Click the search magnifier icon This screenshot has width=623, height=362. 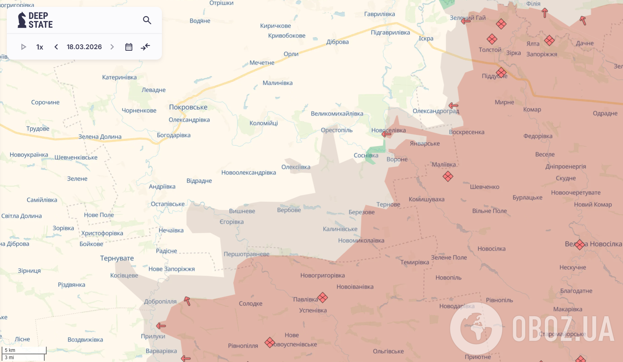click(x=147, y=20)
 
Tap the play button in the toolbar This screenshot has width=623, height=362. click(x=23, y=47)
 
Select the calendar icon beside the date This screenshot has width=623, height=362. click(x=129, y=47)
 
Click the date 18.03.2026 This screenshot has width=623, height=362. click(x=84, y=47)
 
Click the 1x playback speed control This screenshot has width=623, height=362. click(x=39, y=47)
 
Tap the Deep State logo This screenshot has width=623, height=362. click(x=35, y=20)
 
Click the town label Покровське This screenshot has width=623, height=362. click(x=188, y=107)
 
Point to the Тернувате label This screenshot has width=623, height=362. click(x=117, y=258)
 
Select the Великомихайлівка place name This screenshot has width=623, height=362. click(x=337, y=114)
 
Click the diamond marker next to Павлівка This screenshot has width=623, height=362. click(x=323, y=298)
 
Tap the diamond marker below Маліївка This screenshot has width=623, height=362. click(x=448, y=176)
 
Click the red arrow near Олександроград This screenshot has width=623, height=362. click(x=453, y=106)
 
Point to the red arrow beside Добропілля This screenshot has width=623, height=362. click(x=187, y=301)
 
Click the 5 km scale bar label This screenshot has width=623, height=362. click(x=10, y=350)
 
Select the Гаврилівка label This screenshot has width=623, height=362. click(x=379, y=14)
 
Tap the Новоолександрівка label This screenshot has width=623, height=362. click(x=248, y=173)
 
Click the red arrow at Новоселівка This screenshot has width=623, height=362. click(x=386, y=134)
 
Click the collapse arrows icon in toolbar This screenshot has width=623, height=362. click(x=145, y=47)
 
